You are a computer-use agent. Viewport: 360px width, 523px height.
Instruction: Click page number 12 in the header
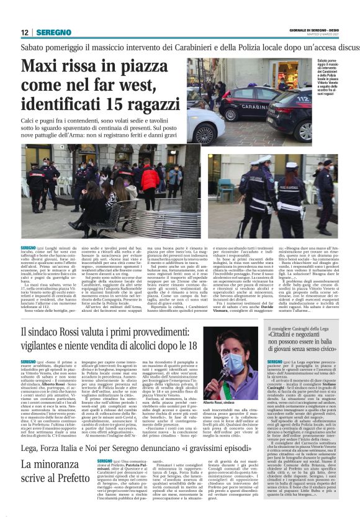25,32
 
